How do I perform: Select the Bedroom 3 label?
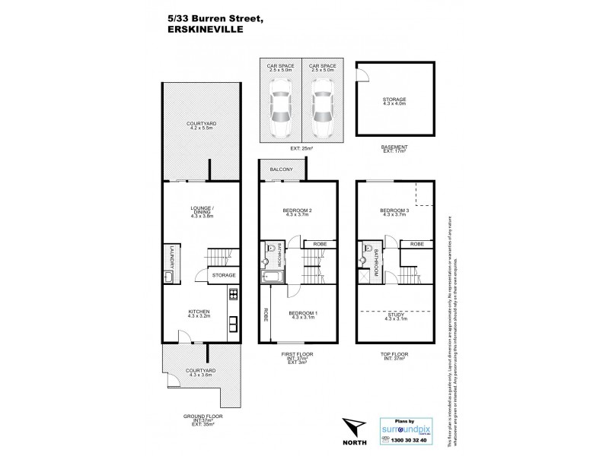click(394, 212)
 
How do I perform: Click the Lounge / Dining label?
click(201, 212)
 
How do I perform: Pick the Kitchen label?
click(200, 312)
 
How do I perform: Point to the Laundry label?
click(173, 259)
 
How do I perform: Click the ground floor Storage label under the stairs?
click(223, 275)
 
